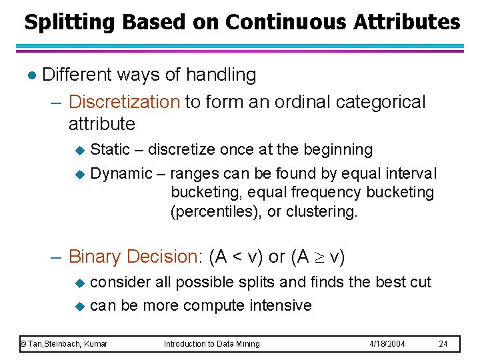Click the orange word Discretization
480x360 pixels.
coord(124,102)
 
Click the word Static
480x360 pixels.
coord(109,149)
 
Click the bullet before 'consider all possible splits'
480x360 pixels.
coord(79,283)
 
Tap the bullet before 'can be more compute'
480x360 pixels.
coord(79,307)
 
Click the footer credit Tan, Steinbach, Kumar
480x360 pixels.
coord(64,344)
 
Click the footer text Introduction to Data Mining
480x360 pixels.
coord(212,344)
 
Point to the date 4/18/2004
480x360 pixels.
coord(387,344)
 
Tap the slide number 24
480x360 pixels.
coord(444,344)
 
